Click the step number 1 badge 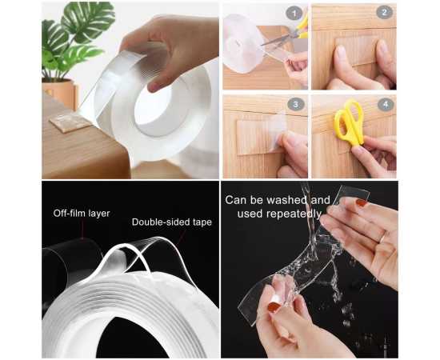[x=294, y=14]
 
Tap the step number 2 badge [x=384, y=12]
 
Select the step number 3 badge [x=295, y=105]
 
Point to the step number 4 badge [x=386, y=105]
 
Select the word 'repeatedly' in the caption [x=294, y=214]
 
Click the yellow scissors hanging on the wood [x=350, y=122]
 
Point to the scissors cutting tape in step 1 [x=286, y=33]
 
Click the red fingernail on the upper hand [x=362, y=202]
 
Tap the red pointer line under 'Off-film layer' [x=82, y=229]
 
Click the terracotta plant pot [x=60, y=93]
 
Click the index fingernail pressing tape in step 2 [x=340, y=53]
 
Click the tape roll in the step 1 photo [x=242, y=43]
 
